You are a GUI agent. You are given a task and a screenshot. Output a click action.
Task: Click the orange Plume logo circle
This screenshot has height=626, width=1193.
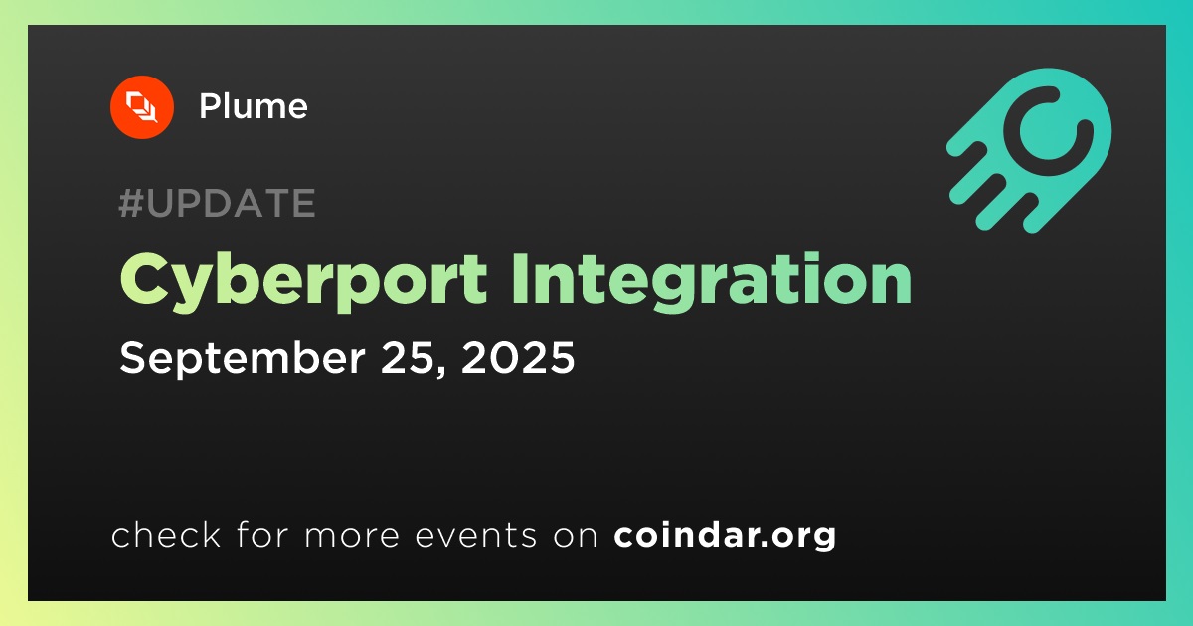click(x=141, y=107)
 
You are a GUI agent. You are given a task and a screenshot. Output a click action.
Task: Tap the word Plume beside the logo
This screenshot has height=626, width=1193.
click(x=253, y=106)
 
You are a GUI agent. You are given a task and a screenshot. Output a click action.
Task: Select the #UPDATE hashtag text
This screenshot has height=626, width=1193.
click(x=218, y=203)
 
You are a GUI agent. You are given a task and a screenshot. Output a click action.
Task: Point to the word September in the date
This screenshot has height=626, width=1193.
click(x=243, y=359)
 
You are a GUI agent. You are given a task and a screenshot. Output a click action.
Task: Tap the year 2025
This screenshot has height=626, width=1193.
click(x=518, y=357)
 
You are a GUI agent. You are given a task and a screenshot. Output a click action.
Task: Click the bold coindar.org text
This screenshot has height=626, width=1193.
click(x=725, y=536)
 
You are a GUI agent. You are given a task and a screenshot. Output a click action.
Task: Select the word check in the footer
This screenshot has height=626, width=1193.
click(x=166, y=534)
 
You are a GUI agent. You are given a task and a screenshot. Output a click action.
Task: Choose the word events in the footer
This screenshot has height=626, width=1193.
click(x=475, y=536)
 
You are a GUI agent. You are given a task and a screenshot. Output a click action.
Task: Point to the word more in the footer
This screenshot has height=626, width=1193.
click(x=352, y=537)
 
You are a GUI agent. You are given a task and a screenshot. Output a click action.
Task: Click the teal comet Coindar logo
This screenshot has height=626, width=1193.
click(x=1029, y=150)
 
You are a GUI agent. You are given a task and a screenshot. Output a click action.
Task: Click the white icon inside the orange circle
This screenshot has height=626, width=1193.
click(x=141, y=107)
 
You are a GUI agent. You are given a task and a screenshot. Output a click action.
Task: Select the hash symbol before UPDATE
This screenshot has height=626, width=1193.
click(x=130, y=203)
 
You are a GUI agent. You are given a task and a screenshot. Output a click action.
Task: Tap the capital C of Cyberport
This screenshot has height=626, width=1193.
click(x=142, y=278)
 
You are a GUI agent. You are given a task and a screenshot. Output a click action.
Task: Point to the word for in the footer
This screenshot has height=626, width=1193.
click(x=262, y=534)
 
